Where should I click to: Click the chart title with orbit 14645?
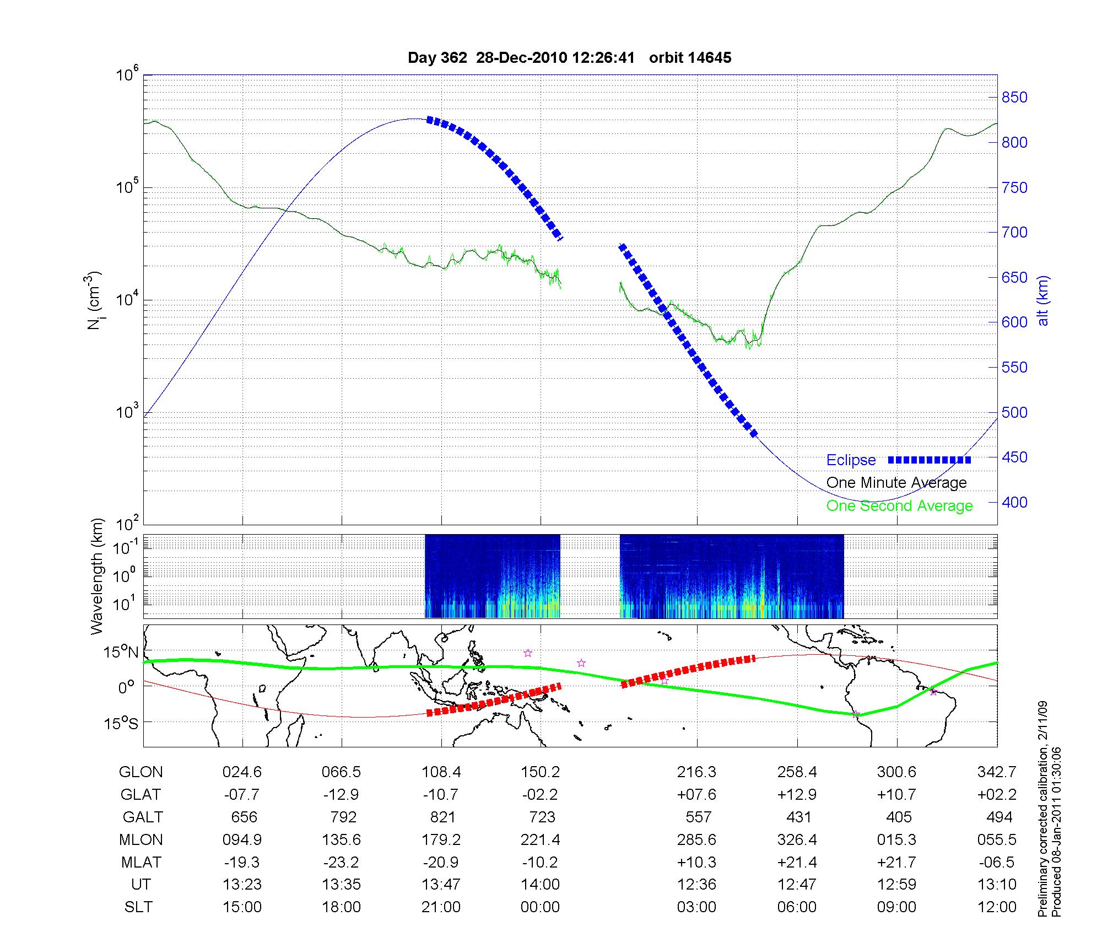click(x=569, y=58)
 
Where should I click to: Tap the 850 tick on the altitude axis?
click(x=1014, y=98)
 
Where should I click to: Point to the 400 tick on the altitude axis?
click(x=1014, y=503)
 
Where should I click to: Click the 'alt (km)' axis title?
click(x=1042, y=300)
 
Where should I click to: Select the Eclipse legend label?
click(x=851, y=460)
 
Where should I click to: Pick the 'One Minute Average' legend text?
click(x=896, y=483)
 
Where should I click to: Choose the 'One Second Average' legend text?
click(x=899, y=506)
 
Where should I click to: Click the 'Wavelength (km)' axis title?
click(x=96, y=576)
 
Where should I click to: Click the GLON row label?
click(x=141, y=772)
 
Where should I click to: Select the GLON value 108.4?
click(x=441, y=772)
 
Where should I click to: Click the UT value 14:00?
click(x=540, y=885)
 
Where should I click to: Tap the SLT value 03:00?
click(x=697, y=907)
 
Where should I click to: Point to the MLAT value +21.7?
click(x=896, y=862)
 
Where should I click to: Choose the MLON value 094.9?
click(x=242, y=839)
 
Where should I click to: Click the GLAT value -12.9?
click(x=341, y=794)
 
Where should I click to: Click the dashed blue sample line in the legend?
click(x=929, y=460)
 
